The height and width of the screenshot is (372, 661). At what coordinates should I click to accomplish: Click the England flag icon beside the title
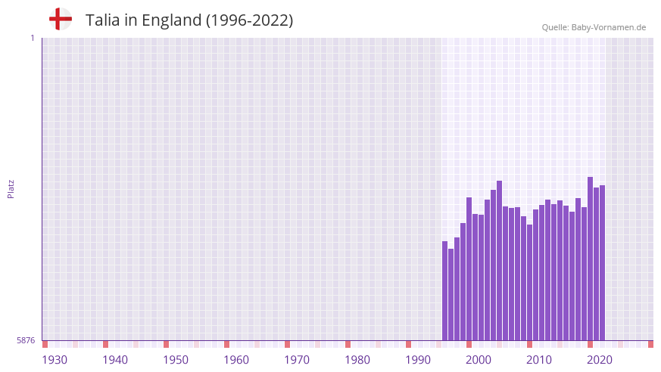[61, 19]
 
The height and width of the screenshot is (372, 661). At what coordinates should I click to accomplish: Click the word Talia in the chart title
[102, 20]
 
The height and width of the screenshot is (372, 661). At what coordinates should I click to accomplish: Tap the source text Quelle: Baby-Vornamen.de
[594, 27]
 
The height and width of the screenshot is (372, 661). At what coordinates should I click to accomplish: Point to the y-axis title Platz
[11, 189]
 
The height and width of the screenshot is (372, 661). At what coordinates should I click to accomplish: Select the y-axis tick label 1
[32, 38]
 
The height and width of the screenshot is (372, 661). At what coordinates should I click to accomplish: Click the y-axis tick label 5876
[26, 340]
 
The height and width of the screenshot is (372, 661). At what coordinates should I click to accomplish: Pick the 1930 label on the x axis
[55, 360]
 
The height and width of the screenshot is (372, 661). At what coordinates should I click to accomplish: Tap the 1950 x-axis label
[176, 360]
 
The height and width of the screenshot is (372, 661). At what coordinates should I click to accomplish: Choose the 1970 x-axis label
[297, 360]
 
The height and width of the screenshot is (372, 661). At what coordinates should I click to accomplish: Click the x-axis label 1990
[418, 360]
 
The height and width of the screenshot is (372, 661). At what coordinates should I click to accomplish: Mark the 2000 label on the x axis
[479, 360]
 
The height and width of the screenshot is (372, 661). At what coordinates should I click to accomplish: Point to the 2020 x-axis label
[600, 360]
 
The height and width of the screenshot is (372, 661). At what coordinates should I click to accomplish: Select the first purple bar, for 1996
[445, 291]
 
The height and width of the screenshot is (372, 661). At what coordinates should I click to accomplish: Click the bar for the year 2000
[469, 268]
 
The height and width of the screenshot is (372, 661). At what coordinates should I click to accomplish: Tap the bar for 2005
[500, 261]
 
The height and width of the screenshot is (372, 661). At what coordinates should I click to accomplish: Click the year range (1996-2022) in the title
[249, 20]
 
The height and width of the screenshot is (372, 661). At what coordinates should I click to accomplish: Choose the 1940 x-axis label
[115, 360]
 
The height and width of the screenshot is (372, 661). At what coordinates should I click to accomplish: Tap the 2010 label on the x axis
[539, 360]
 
